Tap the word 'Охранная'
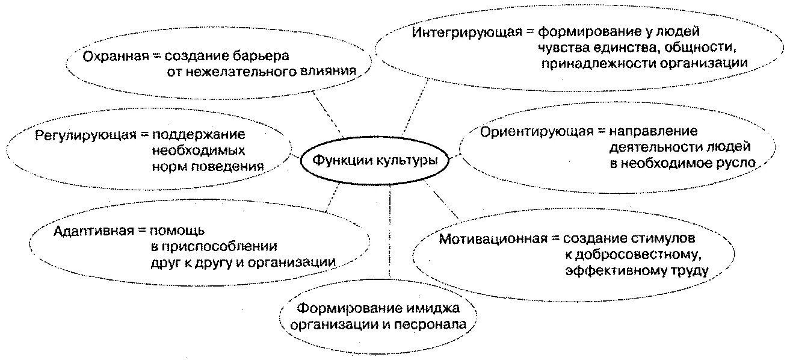pos(115,56)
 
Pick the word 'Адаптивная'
pos(92,231)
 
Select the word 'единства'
pos(622,47)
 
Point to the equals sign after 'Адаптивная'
pos(140,231)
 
